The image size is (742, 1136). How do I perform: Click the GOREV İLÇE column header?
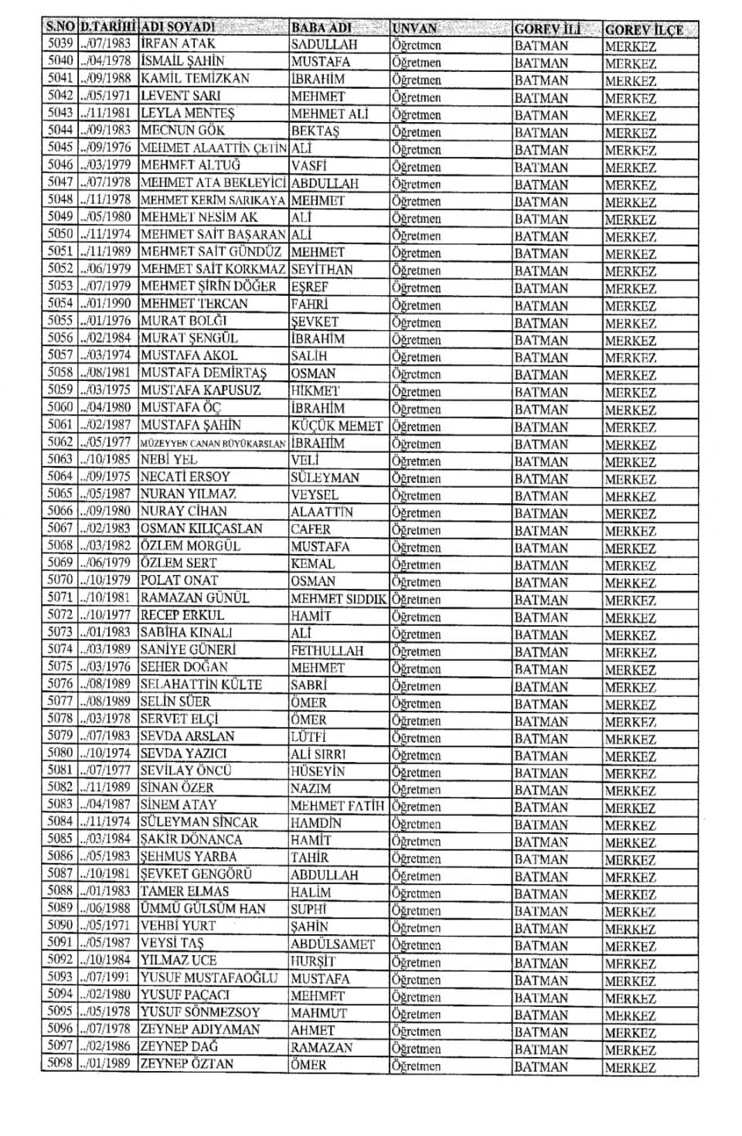click(644, 29)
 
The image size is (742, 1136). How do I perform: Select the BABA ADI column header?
click(322, 29)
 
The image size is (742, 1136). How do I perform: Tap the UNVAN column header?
click(414, 29)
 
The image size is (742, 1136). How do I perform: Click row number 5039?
click(60, 44)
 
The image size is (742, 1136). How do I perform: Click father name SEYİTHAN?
click(322, 270)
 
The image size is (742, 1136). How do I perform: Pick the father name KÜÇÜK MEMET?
click(337, 426)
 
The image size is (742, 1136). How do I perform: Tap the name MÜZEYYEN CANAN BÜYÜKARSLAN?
click(213, 444)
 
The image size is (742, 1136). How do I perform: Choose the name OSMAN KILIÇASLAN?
click(201, 529)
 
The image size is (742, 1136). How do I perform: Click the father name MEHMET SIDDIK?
click(339, 598)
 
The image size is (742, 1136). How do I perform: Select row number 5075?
click(60, 666)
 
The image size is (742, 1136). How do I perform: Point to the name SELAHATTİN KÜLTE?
click(201, 684)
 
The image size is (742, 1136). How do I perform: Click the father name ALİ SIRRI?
click(318, 753)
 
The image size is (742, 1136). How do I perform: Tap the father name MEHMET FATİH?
click(337, 805)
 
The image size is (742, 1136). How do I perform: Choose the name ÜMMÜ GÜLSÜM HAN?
click(203, 909)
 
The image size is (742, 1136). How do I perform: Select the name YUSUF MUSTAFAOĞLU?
click(209, 978)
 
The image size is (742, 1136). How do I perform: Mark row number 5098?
click(60, 1064)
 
